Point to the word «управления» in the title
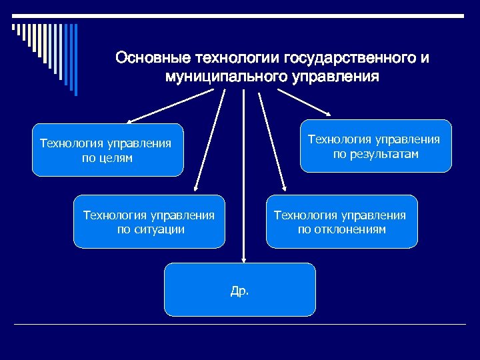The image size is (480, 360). point(336,77)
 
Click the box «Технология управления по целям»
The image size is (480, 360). point(107,150)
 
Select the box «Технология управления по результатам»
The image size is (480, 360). point(376,147)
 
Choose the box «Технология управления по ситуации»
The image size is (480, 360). point(149,222)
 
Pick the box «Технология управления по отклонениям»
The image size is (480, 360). point(342,222)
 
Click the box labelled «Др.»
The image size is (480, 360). point(239,289)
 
